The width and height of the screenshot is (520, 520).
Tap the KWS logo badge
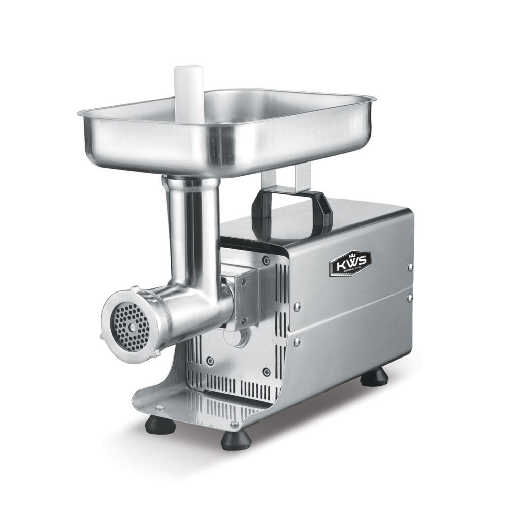click(350, 263)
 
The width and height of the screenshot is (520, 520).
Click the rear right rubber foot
click(374, 377)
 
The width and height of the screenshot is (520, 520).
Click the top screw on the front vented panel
click(266, 261)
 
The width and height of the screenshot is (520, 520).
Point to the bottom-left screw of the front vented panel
click(209, 361)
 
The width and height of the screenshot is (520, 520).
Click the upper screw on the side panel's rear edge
click(410, 266)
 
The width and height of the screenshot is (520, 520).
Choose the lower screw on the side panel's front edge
click(297, 343)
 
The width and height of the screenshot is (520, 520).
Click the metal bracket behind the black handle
click(284, 180)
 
